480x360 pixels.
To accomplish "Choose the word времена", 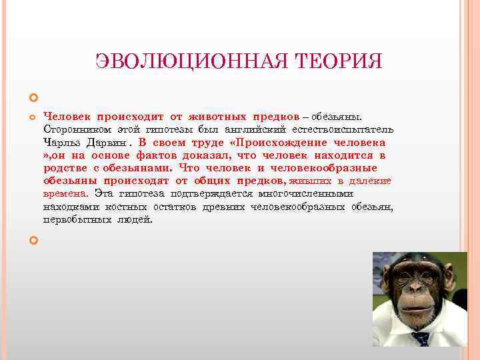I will [x=65, y=193].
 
